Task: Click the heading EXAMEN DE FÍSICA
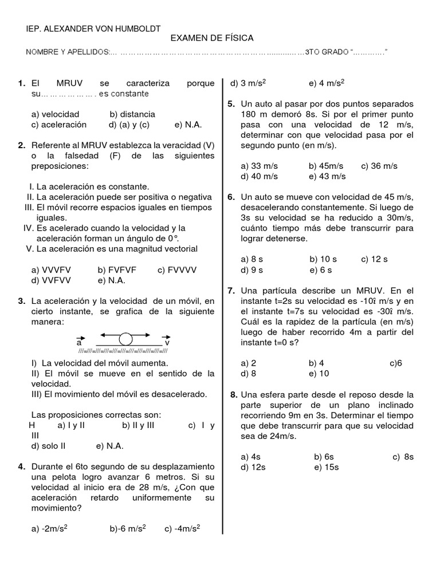point(212,38)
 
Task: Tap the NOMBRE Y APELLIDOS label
point(69,53)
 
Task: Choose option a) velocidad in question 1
point(56,114)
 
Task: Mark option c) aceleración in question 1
point(59,125)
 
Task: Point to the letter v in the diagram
point(167,343)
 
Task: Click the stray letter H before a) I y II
point(32,425)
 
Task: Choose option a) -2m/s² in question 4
point(50,529)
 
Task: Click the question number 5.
point(231,104)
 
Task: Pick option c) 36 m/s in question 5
point(379,166)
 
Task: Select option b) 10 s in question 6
point(322,259)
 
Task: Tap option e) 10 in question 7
point(319,374)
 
